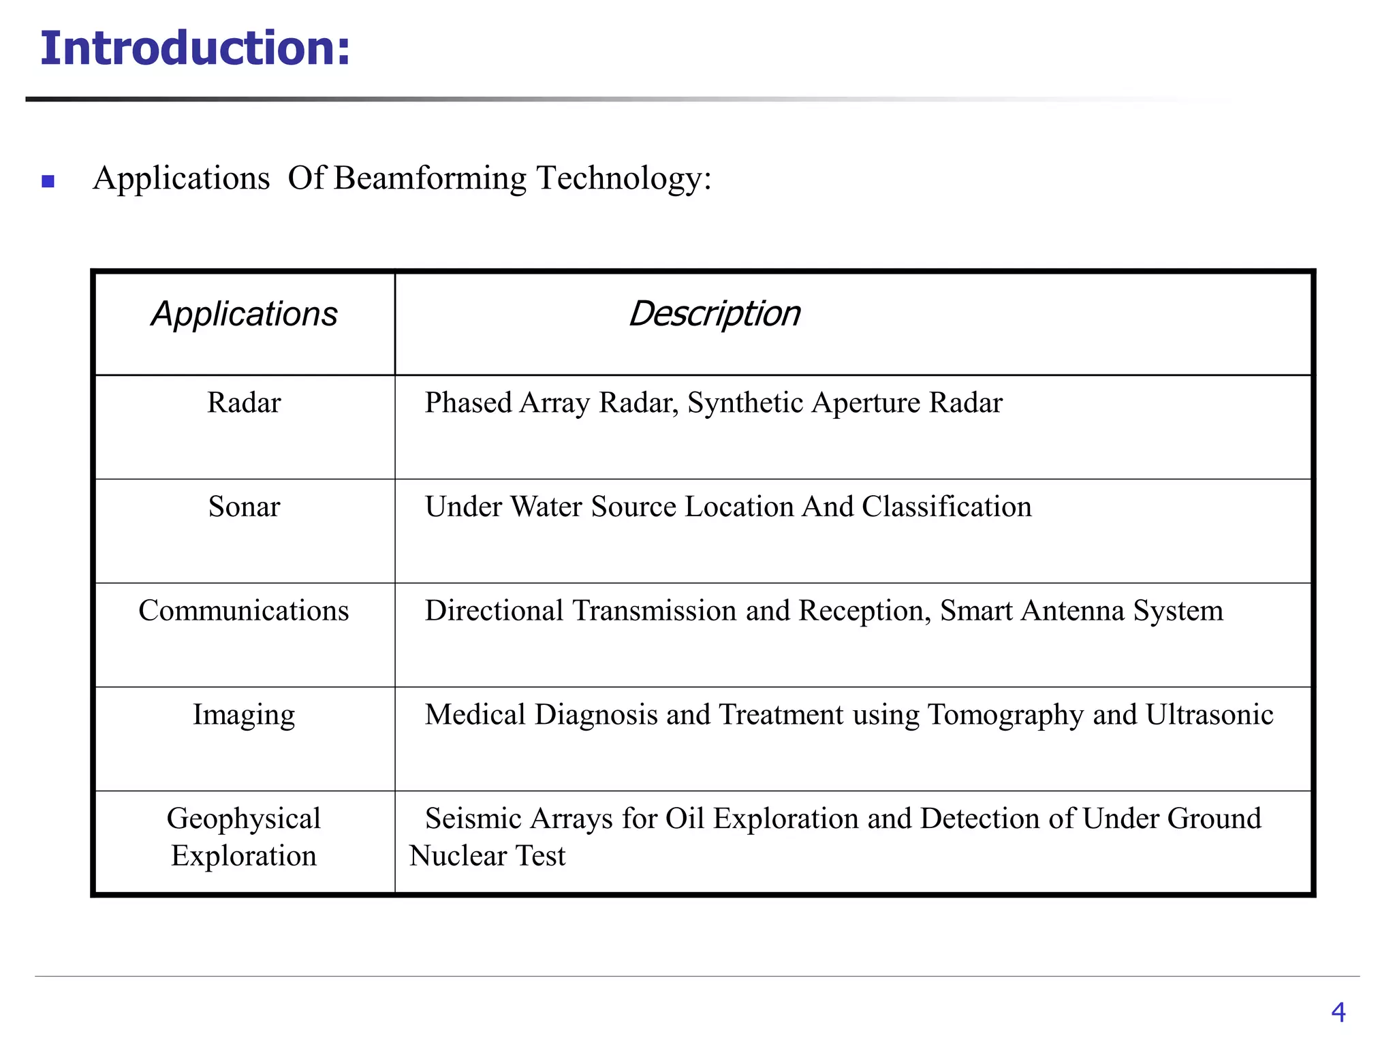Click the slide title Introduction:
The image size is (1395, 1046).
pos(195,49)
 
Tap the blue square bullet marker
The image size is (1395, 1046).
pos(48,181)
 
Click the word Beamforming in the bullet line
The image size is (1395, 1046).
pos(430,178)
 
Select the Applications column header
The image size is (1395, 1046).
pos(244,314)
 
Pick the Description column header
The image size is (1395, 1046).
pos(714,314)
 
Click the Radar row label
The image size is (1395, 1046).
pos(244,402)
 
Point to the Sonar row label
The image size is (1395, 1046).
pos(244,507)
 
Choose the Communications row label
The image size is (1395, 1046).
pos(244,611)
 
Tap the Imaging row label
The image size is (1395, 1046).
pos(244,715)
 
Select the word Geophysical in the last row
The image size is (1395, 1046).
pos(244,819)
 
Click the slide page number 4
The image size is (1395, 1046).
pos(1338,1012)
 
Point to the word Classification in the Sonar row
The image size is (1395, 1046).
pos(947,507)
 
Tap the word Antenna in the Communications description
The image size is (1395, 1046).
pos(1072,611)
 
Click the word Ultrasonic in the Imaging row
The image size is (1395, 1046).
pos(1209,715)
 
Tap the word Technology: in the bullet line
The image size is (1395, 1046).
pos(624,178)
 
